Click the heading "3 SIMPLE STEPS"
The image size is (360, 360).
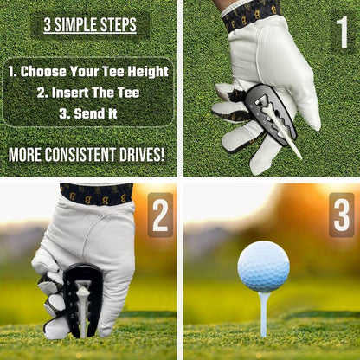pyautogui.click(x=90, y=25)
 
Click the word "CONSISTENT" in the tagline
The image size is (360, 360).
pyautogui.click(x=90, y=156)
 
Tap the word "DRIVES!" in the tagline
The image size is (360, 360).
pyautogui.click(x=142, y=156)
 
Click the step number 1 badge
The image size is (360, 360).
pyautogui.click(x=341, y=32)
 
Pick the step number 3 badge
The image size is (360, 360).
pyautogui.click(x=341, y=215)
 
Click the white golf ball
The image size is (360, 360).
pyautogui.click(x=263, y=266)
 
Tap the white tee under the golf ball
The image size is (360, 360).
pyautogui.click(x=263, y=313)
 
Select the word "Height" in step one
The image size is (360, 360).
pyautogui.click(x=147, y=72)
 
